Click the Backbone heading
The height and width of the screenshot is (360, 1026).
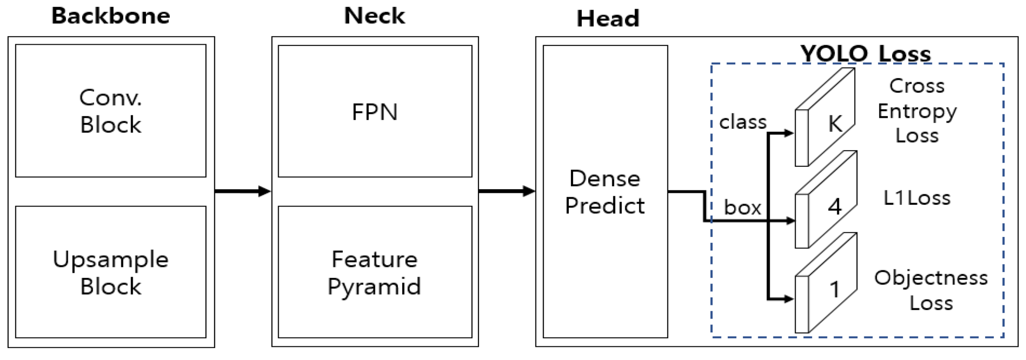point(111,16)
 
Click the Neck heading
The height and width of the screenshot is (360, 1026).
point(374,16)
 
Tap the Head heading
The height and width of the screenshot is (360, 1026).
point(608,19)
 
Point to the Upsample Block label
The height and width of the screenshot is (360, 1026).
point(111,272)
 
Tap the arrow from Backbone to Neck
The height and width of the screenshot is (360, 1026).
point(243,191)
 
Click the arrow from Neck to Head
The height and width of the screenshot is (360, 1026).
point(507,191)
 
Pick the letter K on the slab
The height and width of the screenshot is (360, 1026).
point(835,124)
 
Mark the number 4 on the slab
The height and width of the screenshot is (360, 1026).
point(835,206)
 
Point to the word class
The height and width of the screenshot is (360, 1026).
point(743,122)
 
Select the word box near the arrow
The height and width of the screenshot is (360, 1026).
point(742,207)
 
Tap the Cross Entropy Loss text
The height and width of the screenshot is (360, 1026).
point(917,111)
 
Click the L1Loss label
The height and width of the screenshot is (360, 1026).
point(917,198)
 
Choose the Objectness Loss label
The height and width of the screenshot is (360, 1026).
point(931,290)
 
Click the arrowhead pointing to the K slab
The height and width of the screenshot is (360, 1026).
point(789,133)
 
